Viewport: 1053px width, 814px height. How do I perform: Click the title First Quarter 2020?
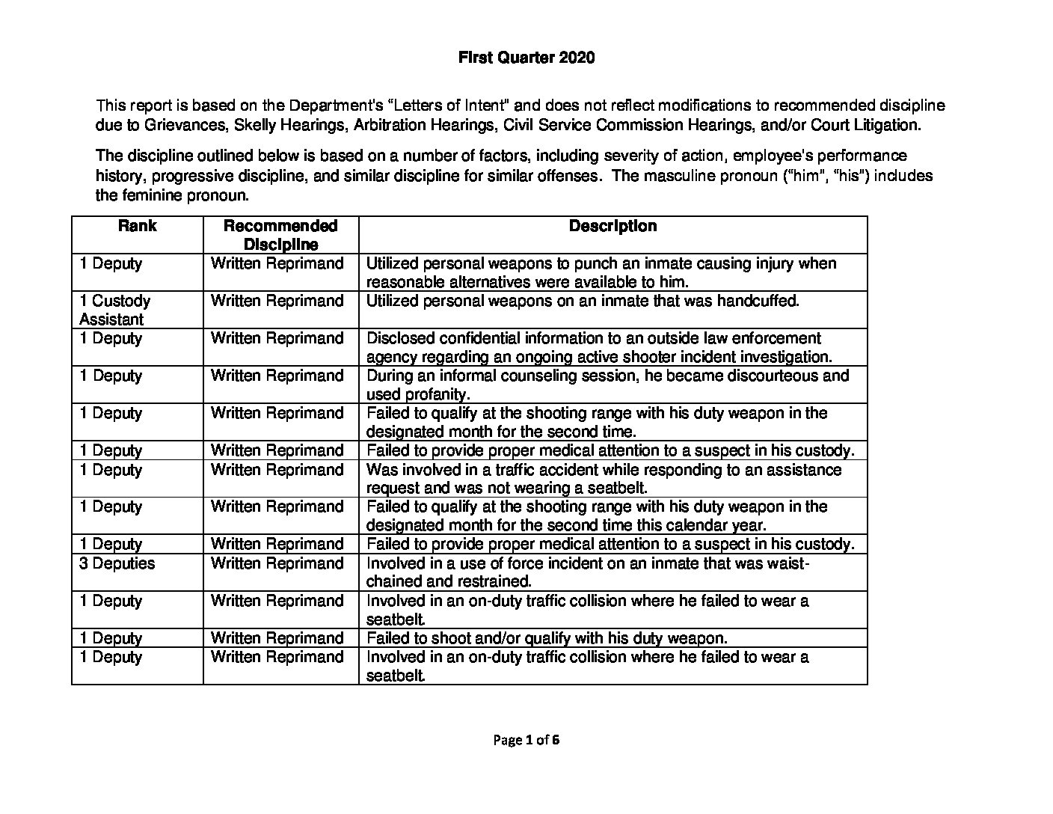[x=526, y=58]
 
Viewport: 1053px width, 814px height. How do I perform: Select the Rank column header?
[x=137, y=226]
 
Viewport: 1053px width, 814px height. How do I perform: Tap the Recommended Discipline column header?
[x=280, y=235]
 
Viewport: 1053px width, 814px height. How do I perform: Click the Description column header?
[x=613, y=226]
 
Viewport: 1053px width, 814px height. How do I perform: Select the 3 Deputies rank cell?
[x=117, y=563]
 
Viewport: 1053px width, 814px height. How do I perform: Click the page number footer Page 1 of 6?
[x=526, y=740]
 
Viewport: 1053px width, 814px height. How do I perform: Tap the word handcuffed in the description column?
[x=757, y=301]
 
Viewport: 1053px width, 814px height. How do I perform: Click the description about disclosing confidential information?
[x=598, y=347]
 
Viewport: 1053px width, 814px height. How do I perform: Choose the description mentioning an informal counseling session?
[x=607, y=385]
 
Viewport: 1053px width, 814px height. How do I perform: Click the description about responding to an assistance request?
[x=604, y=479]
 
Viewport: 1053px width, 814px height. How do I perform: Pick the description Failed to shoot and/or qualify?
[x=546, y=638]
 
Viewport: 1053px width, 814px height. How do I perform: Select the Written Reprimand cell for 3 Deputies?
[x=277, y=563]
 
